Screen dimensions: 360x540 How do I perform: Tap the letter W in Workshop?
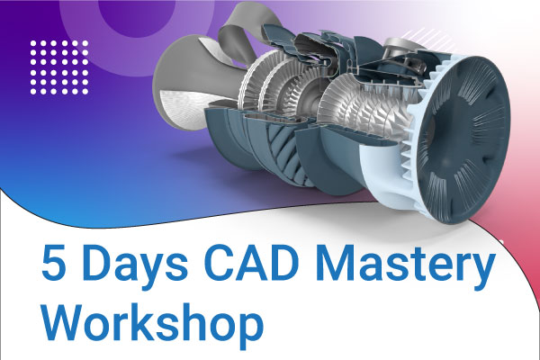coord(67,320)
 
